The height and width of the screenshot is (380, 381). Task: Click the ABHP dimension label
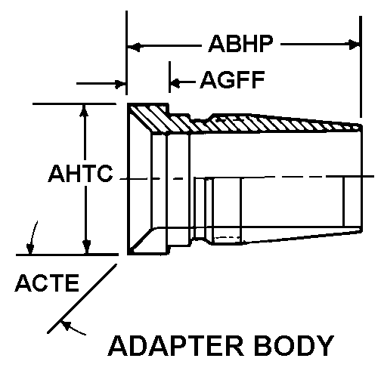[x=240, y=44]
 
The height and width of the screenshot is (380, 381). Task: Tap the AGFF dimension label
[x=232, y=80]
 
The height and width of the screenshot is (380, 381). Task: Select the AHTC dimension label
[x=81, y=173]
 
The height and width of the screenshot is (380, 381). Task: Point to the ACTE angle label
[x=47, y=283]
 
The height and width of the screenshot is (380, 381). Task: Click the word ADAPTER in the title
[x=176, y=345]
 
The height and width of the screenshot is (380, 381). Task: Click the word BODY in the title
[x=294, y=345]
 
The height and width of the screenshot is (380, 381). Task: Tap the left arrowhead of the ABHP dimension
[x=134, y=47]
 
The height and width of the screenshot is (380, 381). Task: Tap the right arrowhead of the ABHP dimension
[x=354, y=45]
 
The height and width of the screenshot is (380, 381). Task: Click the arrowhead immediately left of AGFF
[x=175, y=83]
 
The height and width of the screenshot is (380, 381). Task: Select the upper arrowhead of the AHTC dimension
[x=85, y=110]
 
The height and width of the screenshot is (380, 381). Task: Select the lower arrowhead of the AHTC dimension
[x=87, y=247]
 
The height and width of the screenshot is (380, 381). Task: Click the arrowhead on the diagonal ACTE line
[x=66, y=326]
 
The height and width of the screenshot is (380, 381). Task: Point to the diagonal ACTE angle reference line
[x=82, y=298]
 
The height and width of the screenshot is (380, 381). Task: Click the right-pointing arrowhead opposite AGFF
[x=120, y=84]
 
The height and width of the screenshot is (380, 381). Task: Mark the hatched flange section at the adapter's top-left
[x=149, y=117]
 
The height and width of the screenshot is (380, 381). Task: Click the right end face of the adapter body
[x=361, y=178]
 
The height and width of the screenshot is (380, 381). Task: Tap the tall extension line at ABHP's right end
[x=361, y=66]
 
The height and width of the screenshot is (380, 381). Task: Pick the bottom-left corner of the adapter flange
[x=128, y=255]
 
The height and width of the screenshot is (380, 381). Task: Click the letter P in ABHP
[x=266, y=44]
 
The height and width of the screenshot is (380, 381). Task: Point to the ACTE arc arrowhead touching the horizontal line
[x=30, y=249]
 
